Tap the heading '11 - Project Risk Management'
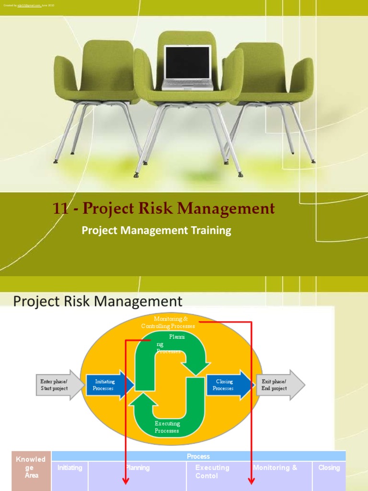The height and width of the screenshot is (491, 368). click(x=163, y=209)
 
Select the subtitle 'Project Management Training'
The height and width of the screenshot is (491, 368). click(x=156, y=231)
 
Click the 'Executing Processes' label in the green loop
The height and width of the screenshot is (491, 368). click(x=167, y=427)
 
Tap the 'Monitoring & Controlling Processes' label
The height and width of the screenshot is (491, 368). click(x=168, y=322)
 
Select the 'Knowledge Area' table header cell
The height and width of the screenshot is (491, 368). click(x=31, y=467)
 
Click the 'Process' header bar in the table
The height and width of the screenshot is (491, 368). click(x=198, y=456)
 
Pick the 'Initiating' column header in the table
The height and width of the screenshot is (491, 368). click(x=70, y=468)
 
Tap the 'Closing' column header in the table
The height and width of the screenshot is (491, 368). click(x=329, y=468)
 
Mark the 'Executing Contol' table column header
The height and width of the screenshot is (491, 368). click(x=212, y=471)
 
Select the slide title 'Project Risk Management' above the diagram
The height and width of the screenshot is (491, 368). click(x=98, y=301)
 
